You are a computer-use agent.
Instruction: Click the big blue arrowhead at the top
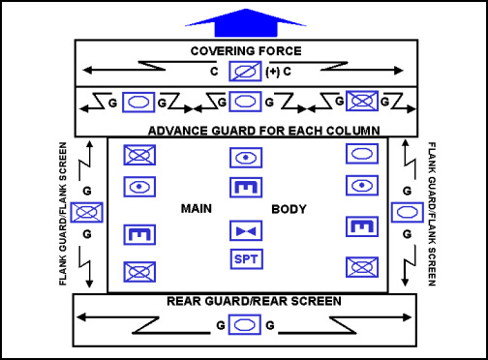[x=243, y=20]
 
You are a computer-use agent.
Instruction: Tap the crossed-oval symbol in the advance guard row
[x=363, y=99]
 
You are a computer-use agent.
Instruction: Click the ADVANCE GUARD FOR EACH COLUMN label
[x=261, y=129]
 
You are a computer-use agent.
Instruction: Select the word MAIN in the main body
[x=197, y=208]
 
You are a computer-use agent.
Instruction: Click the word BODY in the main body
[x=289, y=208]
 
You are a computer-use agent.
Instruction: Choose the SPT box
[x=243, y=259]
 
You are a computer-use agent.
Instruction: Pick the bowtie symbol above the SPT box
[x=243, y=230]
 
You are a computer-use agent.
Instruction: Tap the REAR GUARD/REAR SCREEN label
[x=256, y=301]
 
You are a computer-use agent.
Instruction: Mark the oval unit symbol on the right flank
[x=404, y=212]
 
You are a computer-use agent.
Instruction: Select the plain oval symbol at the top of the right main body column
[x=361, y=154]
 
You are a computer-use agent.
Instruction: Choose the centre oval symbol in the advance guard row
[x=244, y=99]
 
